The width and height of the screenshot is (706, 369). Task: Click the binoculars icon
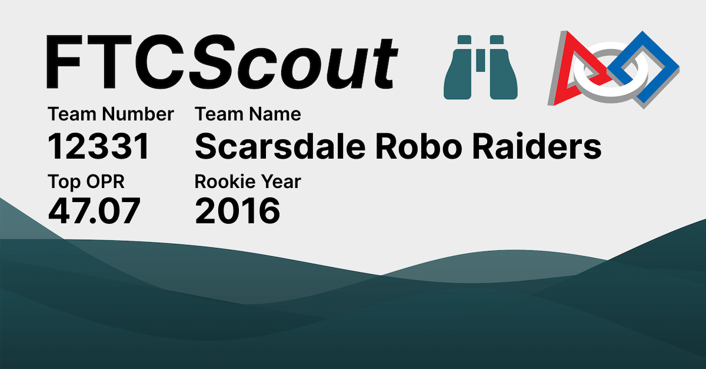(480, 66)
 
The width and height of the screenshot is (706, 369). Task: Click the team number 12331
(99, 147)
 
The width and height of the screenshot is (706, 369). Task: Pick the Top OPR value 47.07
(94, 212)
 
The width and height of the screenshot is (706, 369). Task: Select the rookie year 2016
(238, 212)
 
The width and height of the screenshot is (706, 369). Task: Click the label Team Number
(111, 114)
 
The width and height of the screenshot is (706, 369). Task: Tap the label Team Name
(248, 114)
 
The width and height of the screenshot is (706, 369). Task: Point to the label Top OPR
(86, 182)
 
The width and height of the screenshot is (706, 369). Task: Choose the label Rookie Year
(248, 182)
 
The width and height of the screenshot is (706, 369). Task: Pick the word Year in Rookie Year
(280, 182)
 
